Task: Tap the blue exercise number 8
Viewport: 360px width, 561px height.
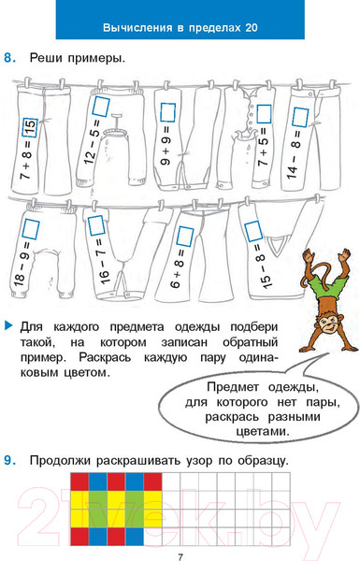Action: tap(10, 59)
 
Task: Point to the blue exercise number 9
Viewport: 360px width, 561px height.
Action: tap(10, 460)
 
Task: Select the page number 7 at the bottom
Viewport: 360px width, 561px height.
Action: tap(179, 555)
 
